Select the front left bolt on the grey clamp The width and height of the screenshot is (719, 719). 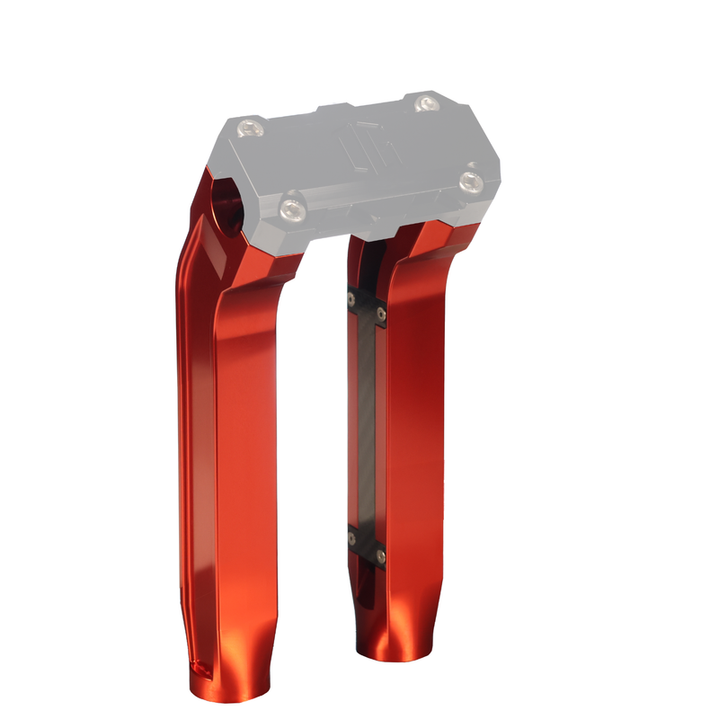coord(290,209)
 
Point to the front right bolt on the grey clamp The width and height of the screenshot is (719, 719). coord(470,182)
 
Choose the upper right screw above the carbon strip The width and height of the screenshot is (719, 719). coord(381,313)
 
